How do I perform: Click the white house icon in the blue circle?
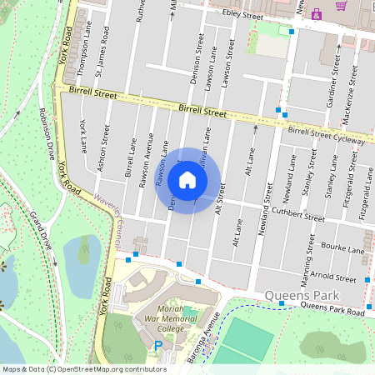[x=187, y=180]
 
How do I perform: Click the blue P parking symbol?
[x=158, y=346]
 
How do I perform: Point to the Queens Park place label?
[x=297, y=295]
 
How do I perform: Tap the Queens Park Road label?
[x=332, y=309]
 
